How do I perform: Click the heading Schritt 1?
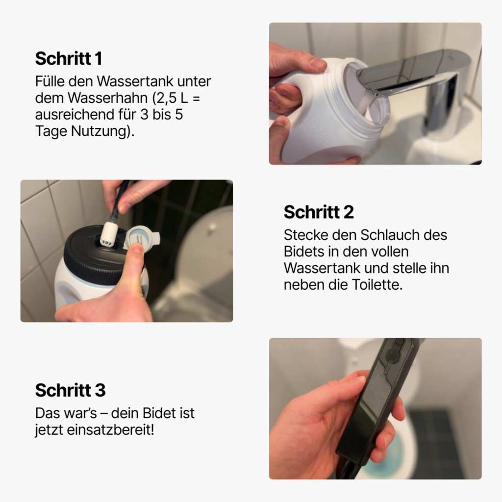[69, 58]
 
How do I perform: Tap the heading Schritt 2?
[318, 212]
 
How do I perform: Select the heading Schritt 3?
[70, 390]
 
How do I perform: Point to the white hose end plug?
[108, 234]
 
